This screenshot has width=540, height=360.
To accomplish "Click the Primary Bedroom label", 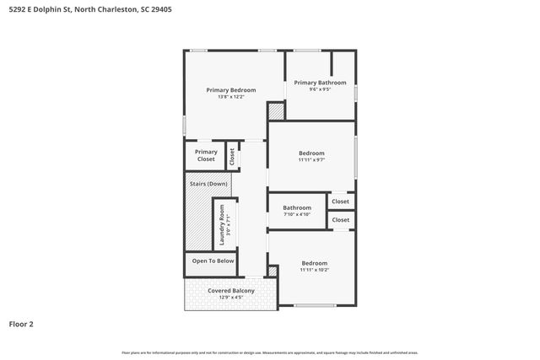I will (231, 89).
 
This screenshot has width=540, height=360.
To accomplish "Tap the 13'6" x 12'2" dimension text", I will (231, 97).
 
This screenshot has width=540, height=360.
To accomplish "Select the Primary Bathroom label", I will (320, 83).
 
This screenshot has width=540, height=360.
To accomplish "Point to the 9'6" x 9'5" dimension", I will (320, 89).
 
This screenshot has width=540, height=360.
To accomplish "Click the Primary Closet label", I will (206, 155).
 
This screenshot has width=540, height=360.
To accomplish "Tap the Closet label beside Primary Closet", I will (232, 155).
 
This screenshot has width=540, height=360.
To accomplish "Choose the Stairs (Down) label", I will (208, 183).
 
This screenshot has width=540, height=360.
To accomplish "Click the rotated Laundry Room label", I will (222, 224).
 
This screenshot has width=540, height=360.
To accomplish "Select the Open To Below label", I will (213, 261).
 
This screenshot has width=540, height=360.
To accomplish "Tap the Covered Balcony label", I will (230, 291).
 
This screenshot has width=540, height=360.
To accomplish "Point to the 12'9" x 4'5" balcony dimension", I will (230, 298).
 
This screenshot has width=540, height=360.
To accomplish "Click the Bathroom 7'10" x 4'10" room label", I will (297, 208).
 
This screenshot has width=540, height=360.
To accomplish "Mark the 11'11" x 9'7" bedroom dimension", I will (310, 160).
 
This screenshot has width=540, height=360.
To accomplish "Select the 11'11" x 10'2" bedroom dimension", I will (314, 271).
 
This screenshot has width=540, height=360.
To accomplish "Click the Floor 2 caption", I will (21, 324).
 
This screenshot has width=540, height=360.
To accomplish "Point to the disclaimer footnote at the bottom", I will (269, 352).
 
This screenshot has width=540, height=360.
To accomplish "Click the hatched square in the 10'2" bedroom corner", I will (273, 271).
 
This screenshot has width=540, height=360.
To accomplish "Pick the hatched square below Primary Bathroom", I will (276, 111).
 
